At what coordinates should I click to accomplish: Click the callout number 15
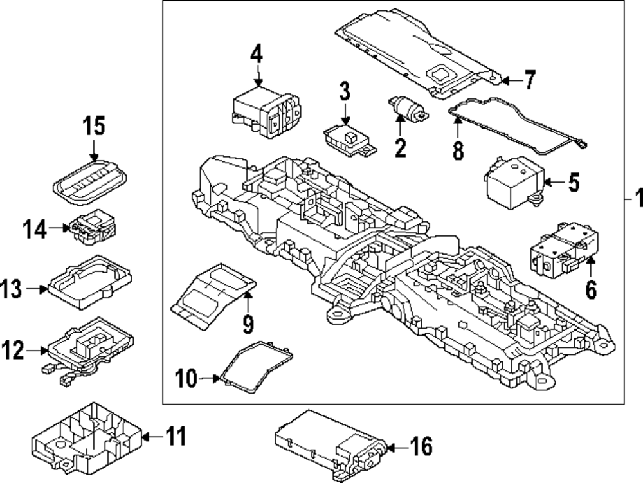[93, 126]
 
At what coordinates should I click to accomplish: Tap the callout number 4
[257, 55]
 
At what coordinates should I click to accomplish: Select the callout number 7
[528, 80]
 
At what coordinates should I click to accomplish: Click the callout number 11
[175, 437]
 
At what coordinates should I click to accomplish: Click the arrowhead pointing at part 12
[46, 351]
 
